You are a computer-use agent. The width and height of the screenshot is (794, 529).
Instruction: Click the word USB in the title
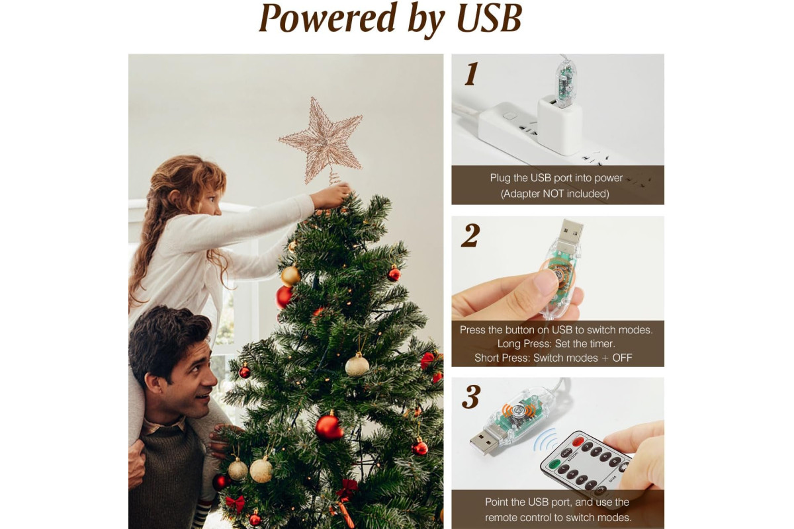(x=490, y=18)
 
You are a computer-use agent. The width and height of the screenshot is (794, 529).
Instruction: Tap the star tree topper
(x=321, y=141)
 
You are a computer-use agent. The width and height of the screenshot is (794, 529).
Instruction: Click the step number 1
(x=471, y=74)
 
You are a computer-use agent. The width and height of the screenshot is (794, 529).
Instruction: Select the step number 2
(x=470, y=235)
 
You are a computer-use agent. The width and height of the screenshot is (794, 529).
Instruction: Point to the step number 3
(x=471, y=397)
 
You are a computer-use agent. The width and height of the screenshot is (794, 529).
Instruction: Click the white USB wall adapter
(x=559, y=126)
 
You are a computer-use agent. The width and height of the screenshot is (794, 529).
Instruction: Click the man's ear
(x=153, y=382)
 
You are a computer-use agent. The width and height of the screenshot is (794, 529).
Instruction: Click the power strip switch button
(x=509, y=116)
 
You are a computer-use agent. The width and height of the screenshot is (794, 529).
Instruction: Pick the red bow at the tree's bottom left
(x=235, y=503)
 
